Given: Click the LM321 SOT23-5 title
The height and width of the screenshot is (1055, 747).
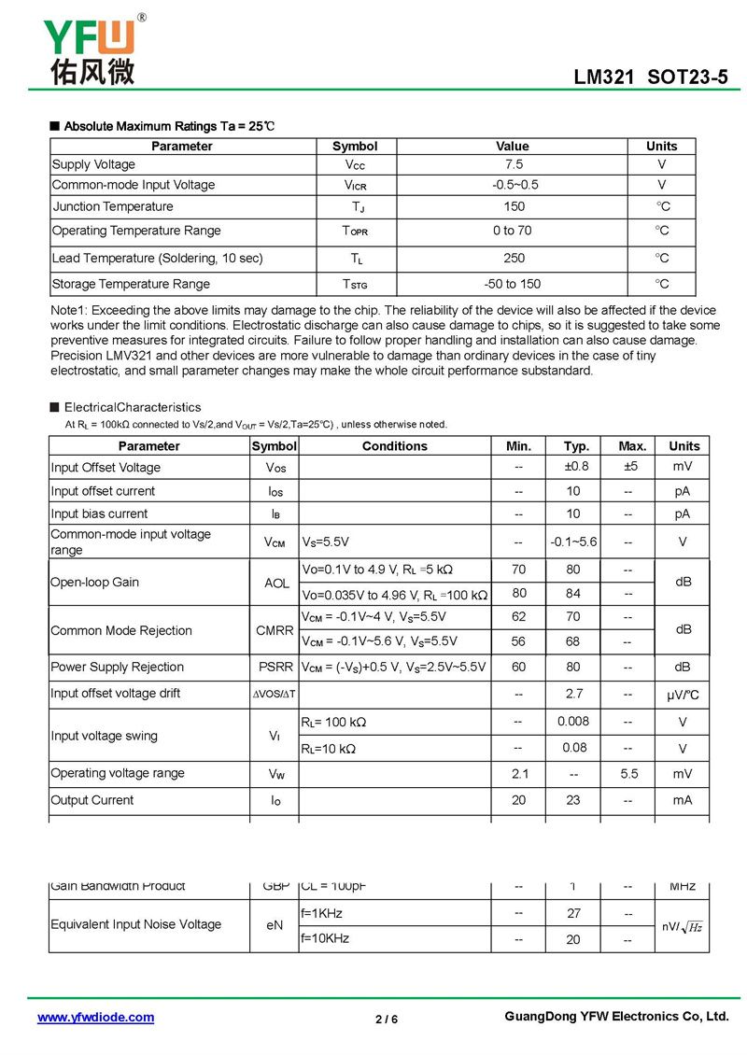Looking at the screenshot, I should pos(650,78).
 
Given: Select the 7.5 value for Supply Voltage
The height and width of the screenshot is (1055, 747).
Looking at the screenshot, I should pos(513,164).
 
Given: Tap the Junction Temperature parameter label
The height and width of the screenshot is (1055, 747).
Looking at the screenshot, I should pos(113,206).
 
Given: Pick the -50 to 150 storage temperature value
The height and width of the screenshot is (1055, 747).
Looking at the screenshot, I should pos(513,284).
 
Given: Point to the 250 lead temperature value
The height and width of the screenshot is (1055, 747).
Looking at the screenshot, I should pos(514,258).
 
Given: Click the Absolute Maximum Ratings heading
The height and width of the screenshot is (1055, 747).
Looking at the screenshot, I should pos(169,126).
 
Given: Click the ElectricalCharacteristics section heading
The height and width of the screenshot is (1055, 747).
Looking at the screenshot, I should pos(132,407).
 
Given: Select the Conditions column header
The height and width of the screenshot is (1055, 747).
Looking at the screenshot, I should pos(394,446).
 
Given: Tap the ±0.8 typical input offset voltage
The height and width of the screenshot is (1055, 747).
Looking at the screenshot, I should pos(576,467).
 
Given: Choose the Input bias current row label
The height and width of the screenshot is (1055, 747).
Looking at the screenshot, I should pos(99,513).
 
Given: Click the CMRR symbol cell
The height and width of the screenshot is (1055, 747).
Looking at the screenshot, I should pos(275,630).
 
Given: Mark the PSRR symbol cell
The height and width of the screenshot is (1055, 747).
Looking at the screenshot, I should pos(275,667).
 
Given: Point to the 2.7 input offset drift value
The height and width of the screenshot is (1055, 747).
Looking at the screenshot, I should pos(573,693).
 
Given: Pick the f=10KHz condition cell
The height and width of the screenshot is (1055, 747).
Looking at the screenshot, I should pos(325,937).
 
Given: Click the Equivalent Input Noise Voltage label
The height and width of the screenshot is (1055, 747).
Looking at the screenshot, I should pos(136,924).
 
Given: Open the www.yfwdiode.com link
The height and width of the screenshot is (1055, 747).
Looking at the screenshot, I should pos(95,1018).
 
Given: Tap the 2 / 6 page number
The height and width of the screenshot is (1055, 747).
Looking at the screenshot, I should pos(387,1019).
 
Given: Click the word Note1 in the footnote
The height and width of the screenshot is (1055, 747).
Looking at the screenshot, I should pos(68,310).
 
